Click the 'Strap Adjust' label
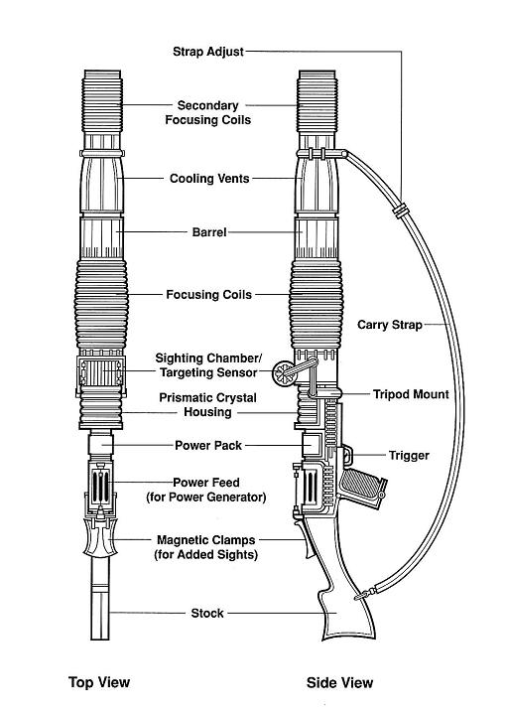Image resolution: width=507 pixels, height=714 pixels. [x=208, y=52]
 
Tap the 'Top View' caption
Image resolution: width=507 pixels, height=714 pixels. [x=99, y=682]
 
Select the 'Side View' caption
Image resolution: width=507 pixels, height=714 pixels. [x=339, y=682]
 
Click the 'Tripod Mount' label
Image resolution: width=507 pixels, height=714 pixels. [x=411, y=394]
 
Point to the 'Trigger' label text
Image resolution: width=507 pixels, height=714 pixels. [x=409, y=456]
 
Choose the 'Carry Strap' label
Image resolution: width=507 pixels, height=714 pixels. [x=390, y=325]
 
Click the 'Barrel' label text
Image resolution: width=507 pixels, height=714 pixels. [x=209, y=232]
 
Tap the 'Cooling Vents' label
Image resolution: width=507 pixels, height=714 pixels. [x=209, y=179]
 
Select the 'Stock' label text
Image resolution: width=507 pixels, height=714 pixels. [x=207, y=614]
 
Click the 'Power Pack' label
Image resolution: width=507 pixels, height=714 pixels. [x=208, y=445]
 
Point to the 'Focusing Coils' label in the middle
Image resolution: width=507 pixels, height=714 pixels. [x=208, y=295]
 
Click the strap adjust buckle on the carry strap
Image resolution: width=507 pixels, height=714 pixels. [x=400, y=211]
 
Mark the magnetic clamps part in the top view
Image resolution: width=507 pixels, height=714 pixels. [x=101, y=537]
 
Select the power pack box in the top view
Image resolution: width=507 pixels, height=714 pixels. [x=100, y=445]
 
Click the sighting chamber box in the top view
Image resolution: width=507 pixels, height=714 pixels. [x=100, y=373]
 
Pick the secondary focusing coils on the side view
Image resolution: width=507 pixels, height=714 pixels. [x=317, y=102]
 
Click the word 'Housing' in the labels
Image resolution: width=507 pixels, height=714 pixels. [x=207, y=412]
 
